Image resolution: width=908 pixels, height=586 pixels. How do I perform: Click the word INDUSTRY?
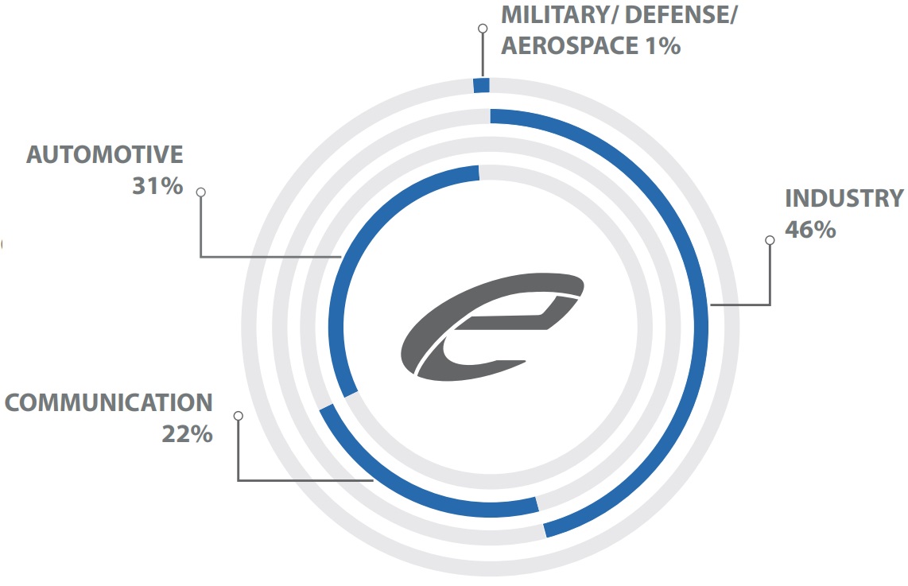coord(844,198)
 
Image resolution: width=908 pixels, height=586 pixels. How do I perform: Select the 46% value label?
coord(809,230)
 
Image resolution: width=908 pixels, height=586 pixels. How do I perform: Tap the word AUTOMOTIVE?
coord(105,154)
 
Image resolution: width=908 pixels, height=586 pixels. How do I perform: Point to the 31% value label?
coord(157,187)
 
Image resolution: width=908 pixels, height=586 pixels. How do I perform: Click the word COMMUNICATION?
coord(108,402)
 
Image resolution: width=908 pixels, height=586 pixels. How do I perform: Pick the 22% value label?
coord(188,434)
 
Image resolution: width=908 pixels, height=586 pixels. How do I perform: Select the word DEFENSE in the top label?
coord(681,15)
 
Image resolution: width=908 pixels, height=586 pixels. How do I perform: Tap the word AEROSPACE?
coord(566,45)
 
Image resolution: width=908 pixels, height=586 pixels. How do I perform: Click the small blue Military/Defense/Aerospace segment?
coord(481,86)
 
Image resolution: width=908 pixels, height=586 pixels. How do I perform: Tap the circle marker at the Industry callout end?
coord(769,240)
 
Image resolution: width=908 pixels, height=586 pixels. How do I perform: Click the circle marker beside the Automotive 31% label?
coord(201,192)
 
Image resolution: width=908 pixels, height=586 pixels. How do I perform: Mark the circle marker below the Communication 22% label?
coord(238,416)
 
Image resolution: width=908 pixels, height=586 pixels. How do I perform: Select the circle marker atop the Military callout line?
coord(481,29)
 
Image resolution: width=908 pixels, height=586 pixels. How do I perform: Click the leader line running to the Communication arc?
coord(302,479)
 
